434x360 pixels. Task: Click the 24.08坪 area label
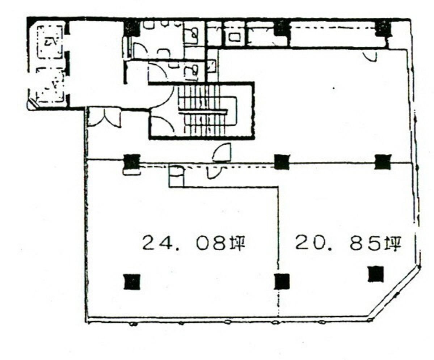(x=194, y=243)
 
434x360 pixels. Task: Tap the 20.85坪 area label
(x=348, y=243)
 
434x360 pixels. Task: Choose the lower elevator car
(x=50, y=85)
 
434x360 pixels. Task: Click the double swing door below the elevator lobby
(x=105, y=118)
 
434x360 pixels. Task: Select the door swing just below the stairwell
(x=222, y=152)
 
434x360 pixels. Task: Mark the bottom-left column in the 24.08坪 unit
(x=132, y=281)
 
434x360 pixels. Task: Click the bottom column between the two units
(x=282, y=281)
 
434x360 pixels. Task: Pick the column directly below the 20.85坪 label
(x=376, y=274)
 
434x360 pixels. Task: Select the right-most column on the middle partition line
(x=383, y=162)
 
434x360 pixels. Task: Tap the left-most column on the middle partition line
(x=132, y=162)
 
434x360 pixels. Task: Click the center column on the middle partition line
(x=282, y=162)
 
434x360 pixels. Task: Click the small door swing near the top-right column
(x=370, y=56)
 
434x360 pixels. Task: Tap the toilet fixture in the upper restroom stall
(x=191, y=35)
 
